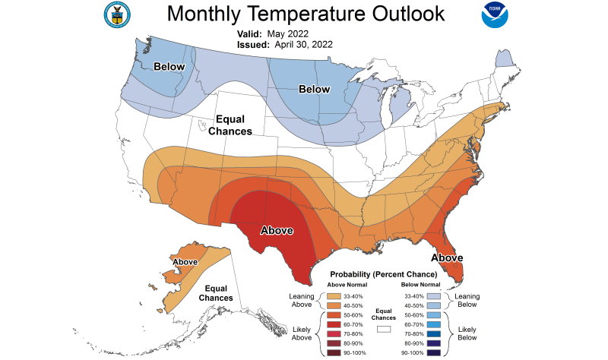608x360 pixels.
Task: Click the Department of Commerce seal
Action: (116, 14)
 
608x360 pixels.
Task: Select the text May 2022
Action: (288, 33)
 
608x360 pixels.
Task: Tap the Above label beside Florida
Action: (448, 258)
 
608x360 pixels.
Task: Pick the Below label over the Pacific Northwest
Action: (170, 67)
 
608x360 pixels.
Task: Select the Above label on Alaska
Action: (185, 262)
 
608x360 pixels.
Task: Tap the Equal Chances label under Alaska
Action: (216, 293)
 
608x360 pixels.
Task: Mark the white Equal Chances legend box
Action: (384, 329)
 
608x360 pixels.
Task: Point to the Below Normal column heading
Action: (426, 285)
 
